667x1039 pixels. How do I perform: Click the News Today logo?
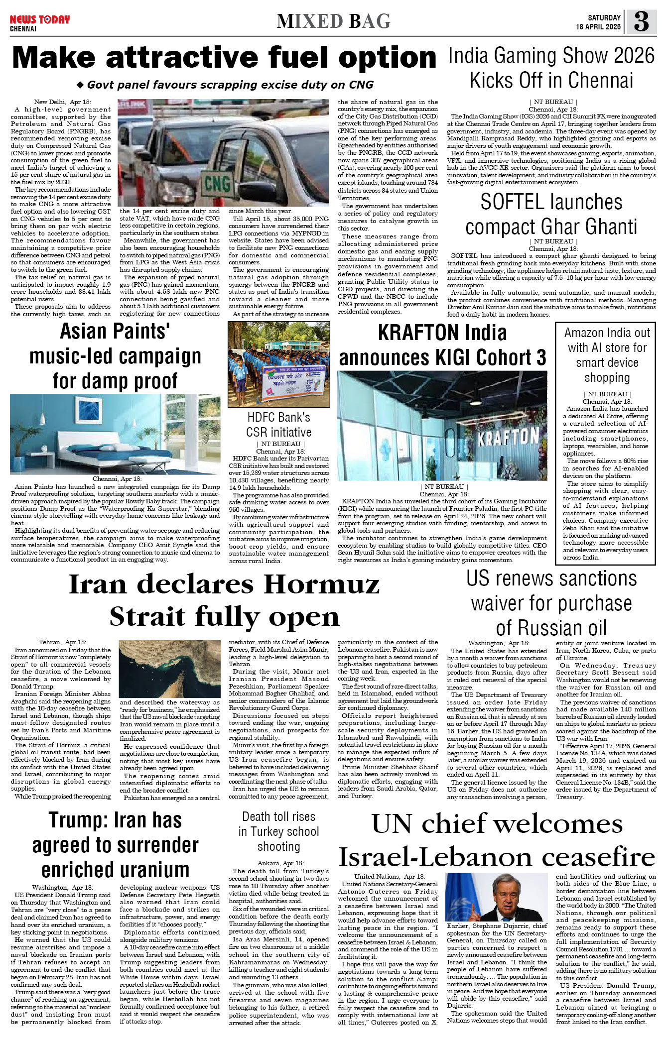point(40,20)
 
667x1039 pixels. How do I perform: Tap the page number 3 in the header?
point(641,22)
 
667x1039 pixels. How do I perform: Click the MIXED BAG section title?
point(333,21)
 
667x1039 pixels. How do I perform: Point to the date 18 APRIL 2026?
point(598,27)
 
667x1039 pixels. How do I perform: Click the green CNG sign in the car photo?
point(217,183)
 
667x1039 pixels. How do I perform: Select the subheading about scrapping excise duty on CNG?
point(225,85)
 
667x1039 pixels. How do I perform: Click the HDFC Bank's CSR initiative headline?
point(278,425)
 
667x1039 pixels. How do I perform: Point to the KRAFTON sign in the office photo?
point(508,437)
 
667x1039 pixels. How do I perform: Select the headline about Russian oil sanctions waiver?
point(551,603)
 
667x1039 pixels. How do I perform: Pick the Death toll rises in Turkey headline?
point(278,831)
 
